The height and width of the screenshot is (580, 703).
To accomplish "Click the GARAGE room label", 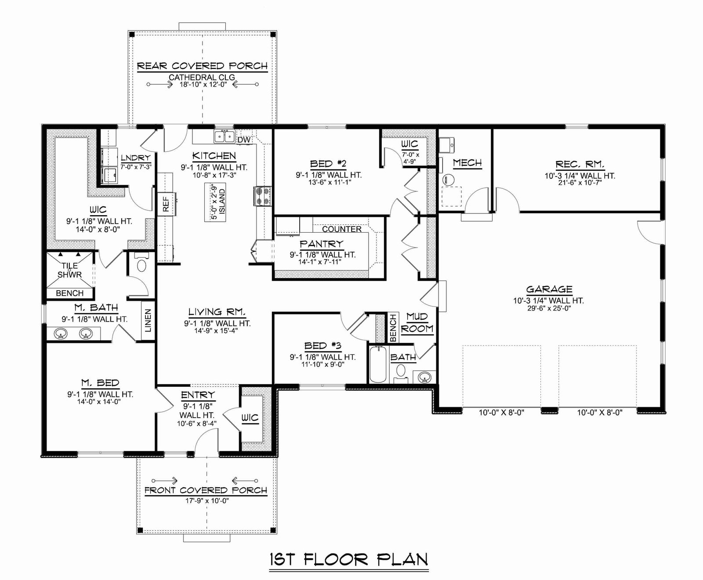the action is (549, 289).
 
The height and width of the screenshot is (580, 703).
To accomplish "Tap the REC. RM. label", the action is (580, 165).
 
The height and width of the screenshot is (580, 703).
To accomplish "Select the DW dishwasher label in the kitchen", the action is (244, 140).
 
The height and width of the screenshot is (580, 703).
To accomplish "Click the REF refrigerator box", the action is (166, 204).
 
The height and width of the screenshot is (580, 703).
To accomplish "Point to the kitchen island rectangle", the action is (215, 203).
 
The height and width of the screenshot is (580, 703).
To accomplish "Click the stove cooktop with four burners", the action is (262, 196).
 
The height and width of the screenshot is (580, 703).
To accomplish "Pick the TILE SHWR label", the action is (70, 270).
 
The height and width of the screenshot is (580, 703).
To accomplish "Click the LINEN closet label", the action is (148, 320).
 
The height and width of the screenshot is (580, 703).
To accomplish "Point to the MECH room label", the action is (467, 163).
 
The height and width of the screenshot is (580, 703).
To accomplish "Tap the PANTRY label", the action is (321, 244).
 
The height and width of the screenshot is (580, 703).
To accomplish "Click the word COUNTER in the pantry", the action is (342, 229).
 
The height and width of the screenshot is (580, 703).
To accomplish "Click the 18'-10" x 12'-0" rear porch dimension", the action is (203, 85).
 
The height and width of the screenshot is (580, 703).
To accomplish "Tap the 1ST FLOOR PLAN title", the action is (348, 559).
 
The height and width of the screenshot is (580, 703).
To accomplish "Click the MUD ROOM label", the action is (417, 323).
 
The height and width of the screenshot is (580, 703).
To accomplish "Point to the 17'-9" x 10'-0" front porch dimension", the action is (206, 501).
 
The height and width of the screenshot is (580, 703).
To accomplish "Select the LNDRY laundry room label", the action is (135, 158).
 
